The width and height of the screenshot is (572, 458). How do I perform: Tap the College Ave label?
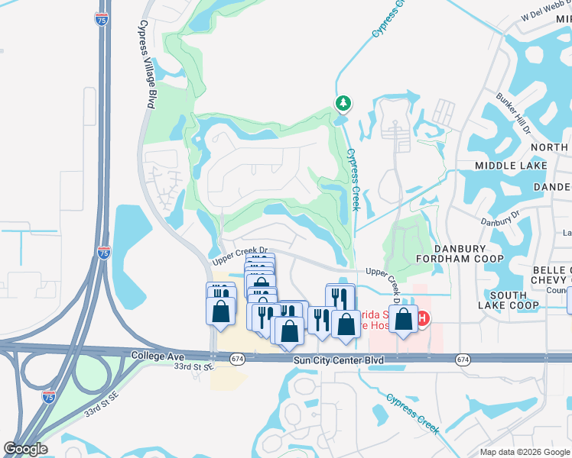[x=158, y=356]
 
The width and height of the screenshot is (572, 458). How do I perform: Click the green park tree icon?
[x=343, y=102]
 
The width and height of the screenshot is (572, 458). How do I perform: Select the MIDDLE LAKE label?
[x=511, y=166]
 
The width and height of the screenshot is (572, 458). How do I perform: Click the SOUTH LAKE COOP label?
[x=509, y=300]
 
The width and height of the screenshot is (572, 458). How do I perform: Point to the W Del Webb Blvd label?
[x=547, y=15]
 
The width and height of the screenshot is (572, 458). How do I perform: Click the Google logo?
[x=25, y=449]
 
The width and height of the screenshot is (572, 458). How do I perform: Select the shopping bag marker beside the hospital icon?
[x=404, y=318]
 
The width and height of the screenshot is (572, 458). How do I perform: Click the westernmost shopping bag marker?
[x=220, y=311]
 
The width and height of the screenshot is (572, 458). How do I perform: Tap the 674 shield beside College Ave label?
[x=238, y=358]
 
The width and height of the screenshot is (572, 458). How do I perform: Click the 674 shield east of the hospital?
[x=462, y=359]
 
